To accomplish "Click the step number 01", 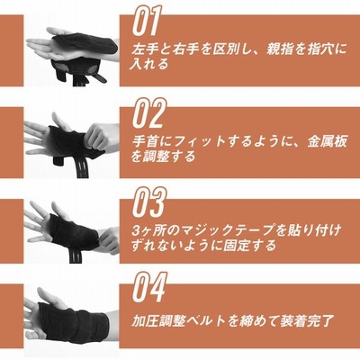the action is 147,21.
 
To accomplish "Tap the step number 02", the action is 149,112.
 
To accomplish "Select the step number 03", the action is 149,202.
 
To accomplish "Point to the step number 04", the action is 149,288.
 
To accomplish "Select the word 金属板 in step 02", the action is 327,141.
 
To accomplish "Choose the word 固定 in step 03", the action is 229,245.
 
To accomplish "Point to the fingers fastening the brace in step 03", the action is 109,240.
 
